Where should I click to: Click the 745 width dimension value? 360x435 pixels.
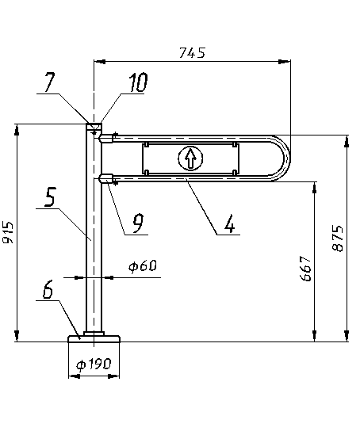click(x=192, y=53)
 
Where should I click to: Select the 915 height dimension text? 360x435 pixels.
click(x=8, y=232)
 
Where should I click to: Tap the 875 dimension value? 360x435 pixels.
click(x=338, y=238)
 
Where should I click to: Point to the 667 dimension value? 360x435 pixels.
click(x=306, y=269)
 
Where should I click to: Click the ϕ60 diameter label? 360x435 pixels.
click(x=143, y=266)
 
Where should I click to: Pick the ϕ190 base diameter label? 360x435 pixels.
click(x=94, y=364)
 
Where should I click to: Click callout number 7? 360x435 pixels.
click(x=49, y=82)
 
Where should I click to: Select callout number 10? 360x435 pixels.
click(x=138, y=82)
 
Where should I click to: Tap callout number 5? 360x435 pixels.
click(x=50, y=197)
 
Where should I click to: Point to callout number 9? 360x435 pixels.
click(x=138, y=223)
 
